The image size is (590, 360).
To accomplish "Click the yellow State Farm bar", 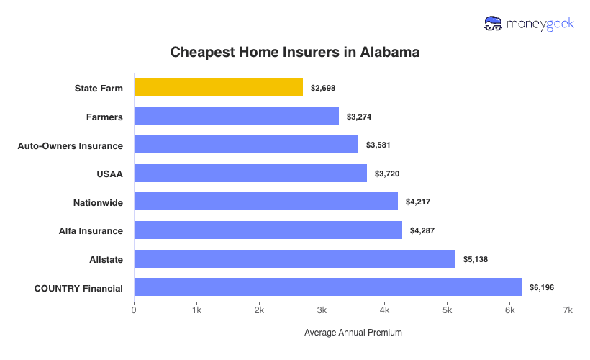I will point(218,88).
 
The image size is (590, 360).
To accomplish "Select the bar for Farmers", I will point(236,117).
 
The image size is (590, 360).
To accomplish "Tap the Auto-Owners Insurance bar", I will point(246,145).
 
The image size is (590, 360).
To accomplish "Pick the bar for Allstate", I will point(294,258).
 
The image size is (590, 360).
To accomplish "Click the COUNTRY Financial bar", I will point(327,287).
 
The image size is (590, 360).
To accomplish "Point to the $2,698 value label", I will point(323,88).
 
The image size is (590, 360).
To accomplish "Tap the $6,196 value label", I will point(542,288).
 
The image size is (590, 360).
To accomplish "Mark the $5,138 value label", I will point(476,259).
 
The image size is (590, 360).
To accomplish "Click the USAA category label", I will point(109,174).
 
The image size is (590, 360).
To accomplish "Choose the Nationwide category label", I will point(98,202).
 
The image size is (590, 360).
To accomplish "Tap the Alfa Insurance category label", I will point(91,230).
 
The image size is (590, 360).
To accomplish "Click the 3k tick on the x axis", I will point(322,310).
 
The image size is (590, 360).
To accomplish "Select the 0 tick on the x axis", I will point(134,310).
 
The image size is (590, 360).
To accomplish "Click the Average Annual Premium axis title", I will point(353,333).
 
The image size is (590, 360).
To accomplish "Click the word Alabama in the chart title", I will point(387,53).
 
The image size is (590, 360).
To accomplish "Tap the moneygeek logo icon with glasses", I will point(494,24).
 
